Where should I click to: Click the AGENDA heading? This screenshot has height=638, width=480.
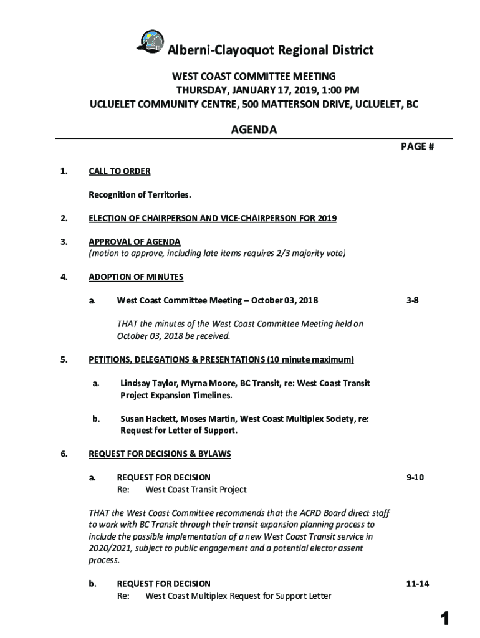254,130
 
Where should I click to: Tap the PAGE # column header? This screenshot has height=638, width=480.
417,146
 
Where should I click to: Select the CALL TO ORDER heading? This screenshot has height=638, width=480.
119,171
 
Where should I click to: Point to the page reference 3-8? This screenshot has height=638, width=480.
413,300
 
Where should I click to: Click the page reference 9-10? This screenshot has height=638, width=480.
415,477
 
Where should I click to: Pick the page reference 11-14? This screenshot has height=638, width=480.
417,584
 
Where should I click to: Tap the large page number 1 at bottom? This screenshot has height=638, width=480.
444,619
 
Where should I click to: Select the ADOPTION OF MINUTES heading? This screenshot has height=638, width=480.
136,277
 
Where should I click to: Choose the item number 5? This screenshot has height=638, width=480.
64,359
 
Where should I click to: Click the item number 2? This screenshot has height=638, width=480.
64,218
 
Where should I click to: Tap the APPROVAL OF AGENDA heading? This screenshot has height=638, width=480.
135,242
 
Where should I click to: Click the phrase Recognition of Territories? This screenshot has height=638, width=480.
140,195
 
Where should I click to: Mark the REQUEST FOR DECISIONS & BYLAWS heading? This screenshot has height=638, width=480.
160,454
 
